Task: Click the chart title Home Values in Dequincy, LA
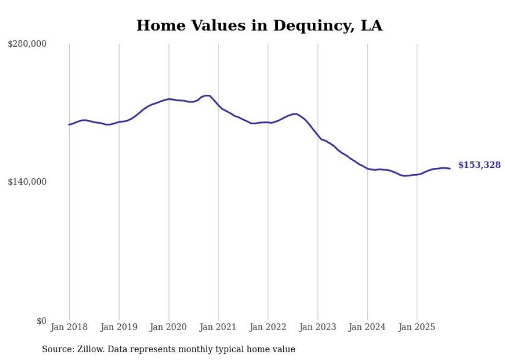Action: pyautogui.click(x=259, y=25)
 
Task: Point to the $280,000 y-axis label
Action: pyautogui.click(x=27, y=44)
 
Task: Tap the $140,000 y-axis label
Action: pyautogui.click(x=27, y=182)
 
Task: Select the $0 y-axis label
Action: pyautogui.click(x=41, y=321)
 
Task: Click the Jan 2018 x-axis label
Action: pyautogui.click(x=69, y=327)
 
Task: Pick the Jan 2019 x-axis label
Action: pyautogui.click(x=119, y=327)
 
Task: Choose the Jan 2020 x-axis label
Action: pyautogui.click(x=169, y=327)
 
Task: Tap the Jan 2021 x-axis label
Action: pyautogui.click(x=218, y=327)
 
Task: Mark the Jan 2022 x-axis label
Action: pyautogui.click(x=268, y=327)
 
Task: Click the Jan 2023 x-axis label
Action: pyautogui.click(x=318, y=327)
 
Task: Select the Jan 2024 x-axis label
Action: pyautogui.click(x=367, y=327)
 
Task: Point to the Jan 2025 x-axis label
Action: pyautogui.click(x=417, y=327)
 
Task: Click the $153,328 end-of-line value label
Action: pyautogui.click(x=479, y=165)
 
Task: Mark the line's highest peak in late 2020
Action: pyautogui.click(x=207, y=95)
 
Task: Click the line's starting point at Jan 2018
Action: pyautogui.click(x=69, y=125)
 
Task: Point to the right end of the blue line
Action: pyautogui.click(x=450, y=168)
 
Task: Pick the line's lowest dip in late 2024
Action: pyautogui.click(x=405, y=176)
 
